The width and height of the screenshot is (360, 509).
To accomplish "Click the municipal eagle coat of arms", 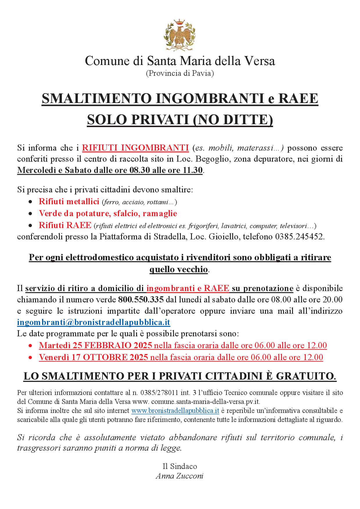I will (x=180, y=34).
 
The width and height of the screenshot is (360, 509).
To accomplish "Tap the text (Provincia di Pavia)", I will (x=180, y=73).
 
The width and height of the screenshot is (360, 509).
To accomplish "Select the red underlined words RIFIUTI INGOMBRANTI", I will (x=136, y=148).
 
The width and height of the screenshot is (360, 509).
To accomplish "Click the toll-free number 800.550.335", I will (x=141, y=299).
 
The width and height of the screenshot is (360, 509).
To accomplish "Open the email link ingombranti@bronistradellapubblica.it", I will (x=93, y=322).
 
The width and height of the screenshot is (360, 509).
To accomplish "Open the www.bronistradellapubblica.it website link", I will (x=175, y=411).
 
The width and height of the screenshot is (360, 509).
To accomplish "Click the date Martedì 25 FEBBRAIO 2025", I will (x=96, y=345).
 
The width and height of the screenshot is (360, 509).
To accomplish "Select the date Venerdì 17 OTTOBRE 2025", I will (x=93, y=357).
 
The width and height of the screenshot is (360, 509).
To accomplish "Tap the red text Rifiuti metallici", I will (x=69, y=201).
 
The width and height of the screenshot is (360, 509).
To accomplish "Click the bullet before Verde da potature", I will (x=31, y=214).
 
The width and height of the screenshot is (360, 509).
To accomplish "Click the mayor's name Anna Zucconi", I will (x=179, y=476).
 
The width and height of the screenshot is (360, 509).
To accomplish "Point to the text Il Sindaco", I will (x=179, y=466).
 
